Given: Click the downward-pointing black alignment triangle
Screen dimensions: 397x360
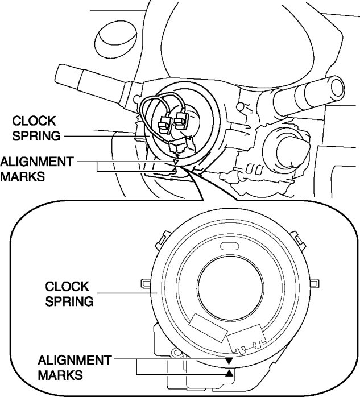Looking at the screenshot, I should [x=229, y=361].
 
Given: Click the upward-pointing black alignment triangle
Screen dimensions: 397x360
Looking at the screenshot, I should [x=229, y=373].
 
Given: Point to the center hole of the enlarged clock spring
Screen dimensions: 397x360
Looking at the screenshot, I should [x=228, y=291].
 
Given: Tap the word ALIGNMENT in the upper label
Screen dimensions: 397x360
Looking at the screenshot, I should [x=37, y=162].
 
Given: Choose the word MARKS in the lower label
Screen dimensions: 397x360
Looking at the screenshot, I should [x=60, y=375].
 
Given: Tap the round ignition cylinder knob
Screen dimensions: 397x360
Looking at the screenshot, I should [x=284, y=142].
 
